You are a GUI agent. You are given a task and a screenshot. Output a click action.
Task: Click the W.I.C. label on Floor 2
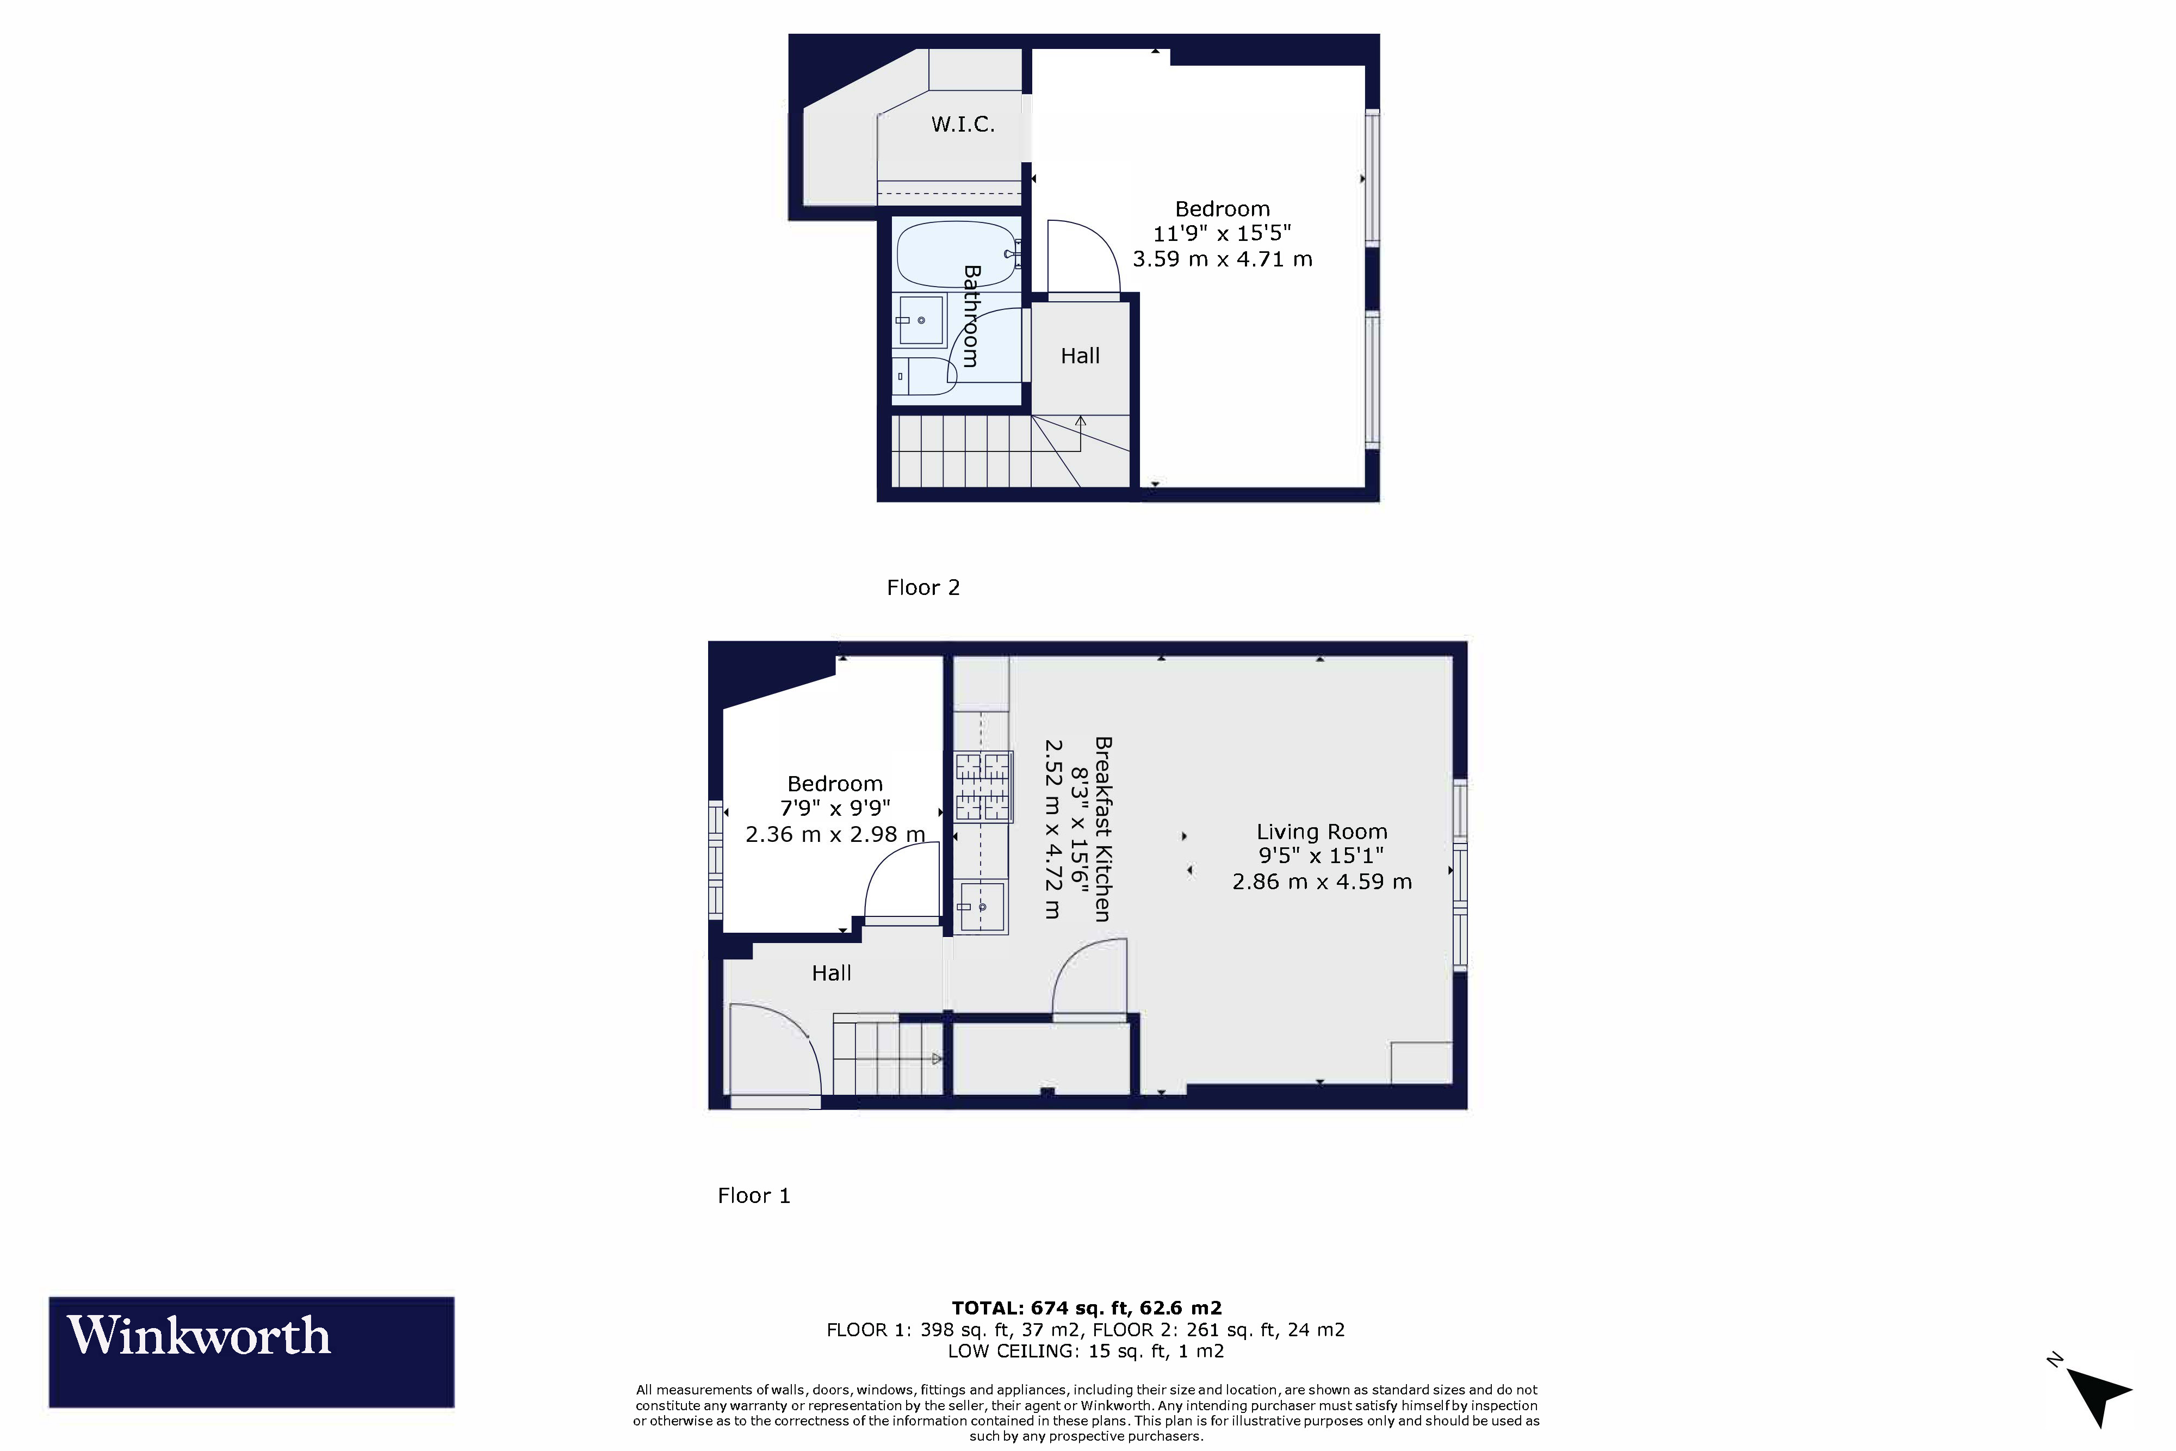click(x=962, y=124)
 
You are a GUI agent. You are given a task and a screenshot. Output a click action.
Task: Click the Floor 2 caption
click(x=922, y=587)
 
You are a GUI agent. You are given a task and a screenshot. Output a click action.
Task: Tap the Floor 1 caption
click(x=753, y=1195)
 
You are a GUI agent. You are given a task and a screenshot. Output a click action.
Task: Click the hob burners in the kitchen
click(x=983, y=786)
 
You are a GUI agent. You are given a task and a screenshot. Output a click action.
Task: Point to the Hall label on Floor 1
click(x=831, y=972)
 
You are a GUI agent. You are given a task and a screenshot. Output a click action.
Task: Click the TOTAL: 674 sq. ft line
click(x=1086, y=1307)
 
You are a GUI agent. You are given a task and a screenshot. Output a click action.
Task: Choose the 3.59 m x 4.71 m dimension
click(x=1222, y=259)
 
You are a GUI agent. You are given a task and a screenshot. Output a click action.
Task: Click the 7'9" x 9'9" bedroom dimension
click(x=834, y=808)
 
